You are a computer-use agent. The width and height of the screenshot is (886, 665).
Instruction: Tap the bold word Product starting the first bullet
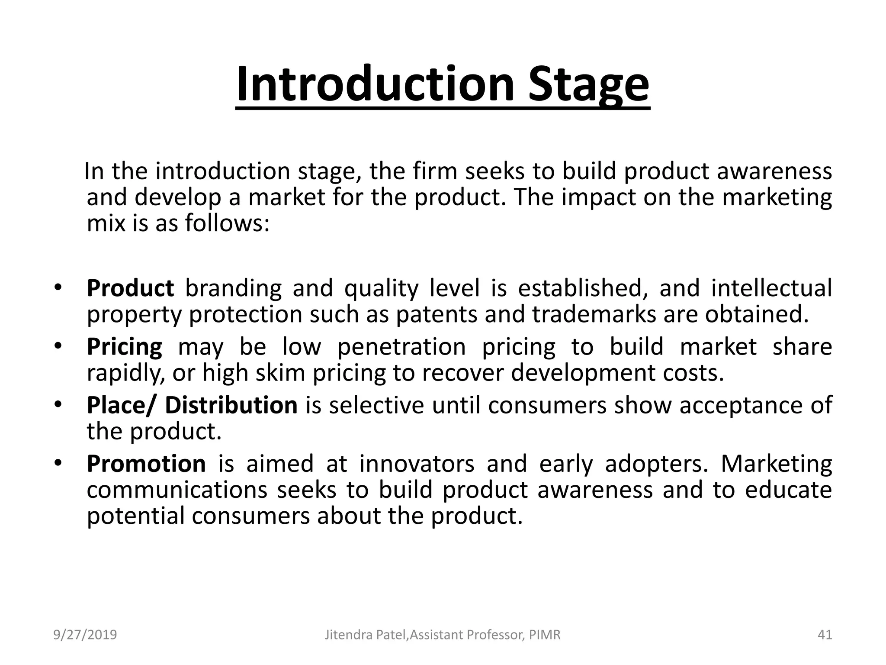click(130, 288)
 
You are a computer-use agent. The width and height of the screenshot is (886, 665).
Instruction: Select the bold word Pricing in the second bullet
click(125, 347)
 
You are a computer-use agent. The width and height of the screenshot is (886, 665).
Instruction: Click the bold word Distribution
click(231, 405)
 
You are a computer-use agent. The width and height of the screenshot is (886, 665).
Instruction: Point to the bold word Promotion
click(146, 464)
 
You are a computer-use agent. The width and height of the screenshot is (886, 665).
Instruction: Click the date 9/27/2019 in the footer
click(85, 635)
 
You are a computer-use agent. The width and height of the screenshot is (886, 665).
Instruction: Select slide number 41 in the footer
click(825, 635)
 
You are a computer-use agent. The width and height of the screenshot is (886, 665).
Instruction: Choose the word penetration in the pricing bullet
click(401, 347)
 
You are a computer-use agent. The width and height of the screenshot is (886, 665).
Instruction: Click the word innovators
click(417, 464)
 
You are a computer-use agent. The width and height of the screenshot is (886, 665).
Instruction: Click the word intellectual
click(771, 288)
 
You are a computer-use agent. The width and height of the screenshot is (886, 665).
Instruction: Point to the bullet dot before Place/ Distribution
click(58, 404)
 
